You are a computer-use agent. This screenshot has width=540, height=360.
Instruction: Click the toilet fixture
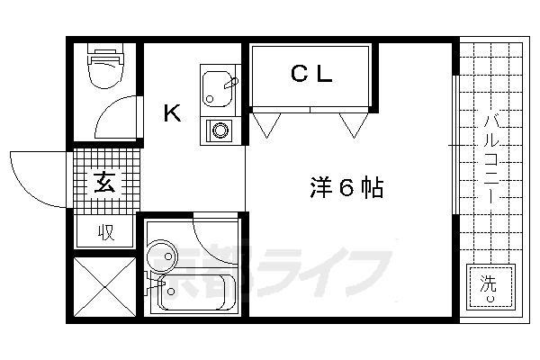[x=103, y=73]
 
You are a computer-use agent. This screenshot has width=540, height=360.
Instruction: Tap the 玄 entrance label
[x=104, y=184]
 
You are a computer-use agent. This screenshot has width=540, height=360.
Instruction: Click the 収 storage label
[x=105, y=233]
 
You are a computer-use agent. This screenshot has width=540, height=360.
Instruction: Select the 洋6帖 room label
[x=346, y=188]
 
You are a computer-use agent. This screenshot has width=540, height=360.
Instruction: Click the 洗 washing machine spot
[x=487, y=285]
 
